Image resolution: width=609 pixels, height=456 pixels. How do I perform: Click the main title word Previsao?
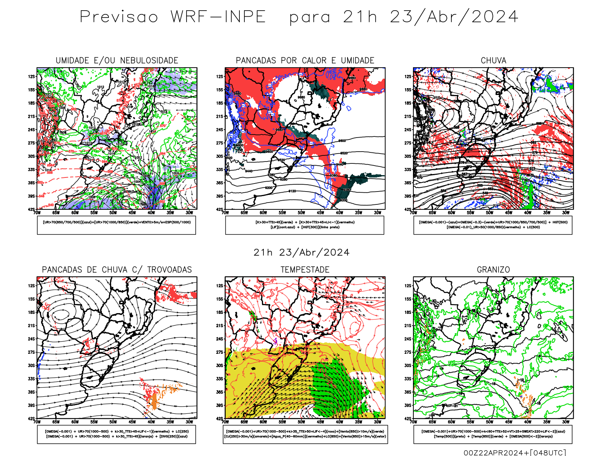coord(119,17)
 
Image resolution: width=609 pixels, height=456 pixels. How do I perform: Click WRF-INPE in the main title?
coord(218,17)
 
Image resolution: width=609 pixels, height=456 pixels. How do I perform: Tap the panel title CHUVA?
coord(493,61)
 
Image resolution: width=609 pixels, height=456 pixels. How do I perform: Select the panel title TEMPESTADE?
coord(305,270)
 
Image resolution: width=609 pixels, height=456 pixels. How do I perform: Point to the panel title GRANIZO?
coord(493,270)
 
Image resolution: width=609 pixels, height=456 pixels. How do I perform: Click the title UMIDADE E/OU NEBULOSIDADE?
coord(117,61)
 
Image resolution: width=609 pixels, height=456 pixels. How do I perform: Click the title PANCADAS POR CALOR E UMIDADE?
coord(305,61)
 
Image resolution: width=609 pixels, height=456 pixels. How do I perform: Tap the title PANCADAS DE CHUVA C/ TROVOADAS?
coord(117,270)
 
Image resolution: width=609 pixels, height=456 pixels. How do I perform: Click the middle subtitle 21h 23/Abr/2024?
coord(301,253)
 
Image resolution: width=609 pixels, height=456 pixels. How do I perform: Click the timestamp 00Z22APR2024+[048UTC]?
coord(515,452)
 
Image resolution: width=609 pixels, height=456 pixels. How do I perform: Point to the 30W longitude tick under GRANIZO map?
coord(566,422)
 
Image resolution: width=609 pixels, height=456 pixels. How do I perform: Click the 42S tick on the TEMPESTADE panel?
coord(220,418)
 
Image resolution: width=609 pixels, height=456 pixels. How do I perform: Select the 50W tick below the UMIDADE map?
coord(113,213)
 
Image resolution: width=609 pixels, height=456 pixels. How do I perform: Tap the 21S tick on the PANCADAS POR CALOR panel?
coord(220,116)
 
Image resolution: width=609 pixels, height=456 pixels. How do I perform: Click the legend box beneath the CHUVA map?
coord(493,225)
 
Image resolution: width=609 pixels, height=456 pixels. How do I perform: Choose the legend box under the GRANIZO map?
coord(493,434)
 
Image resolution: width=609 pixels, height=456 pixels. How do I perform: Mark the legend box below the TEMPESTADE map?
coord(305,434)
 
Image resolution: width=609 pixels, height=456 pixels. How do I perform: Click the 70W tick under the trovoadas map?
coord(37,422)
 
